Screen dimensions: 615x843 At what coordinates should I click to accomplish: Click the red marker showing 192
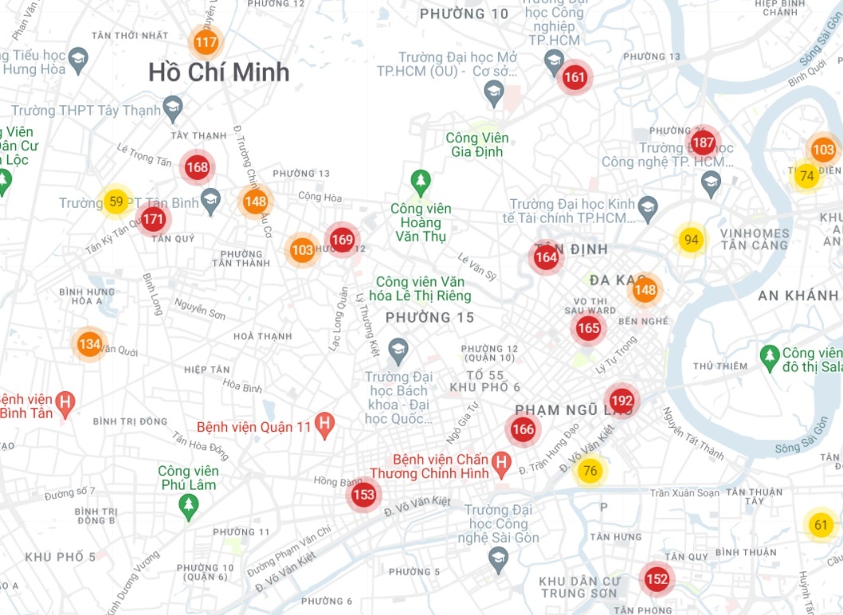621,401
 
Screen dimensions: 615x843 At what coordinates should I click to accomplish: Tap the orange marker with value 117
206,42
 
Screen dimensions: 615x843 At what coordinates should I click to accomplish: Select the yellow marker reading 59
116,202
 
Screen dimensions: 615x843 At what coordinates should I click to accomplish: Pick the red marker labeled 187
703,143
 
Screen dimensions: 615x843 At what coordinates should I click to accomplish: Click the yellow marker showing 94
691,240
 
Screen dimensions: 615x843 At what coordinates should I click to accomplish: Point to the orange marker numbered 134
89,344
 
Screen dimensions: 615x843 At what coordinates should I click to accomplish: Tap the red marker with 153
363,495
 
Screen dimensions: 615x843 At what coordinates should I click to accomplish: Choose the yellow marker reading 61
821,525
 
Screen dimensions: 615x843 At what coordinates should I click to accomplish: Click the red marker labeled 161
574,77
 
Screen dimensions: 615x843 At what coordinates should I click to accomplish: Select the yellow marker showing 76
590,471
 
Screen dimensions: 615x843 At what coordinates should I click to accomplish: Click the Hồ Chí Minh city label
218,72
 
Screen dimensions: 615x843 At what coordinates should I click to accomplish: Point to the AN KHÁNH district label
798,296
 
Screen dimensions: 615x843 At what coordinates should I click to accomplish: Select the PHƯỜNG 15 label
429,318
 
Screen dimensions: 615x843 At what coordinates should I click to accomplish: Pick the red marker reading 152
657,579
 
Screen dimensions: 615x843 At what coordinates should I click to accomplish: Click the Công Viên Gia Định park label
477,145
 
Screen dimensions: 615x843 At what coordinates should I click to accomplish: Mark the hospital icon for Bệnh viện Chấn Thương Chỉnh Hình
501,463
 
